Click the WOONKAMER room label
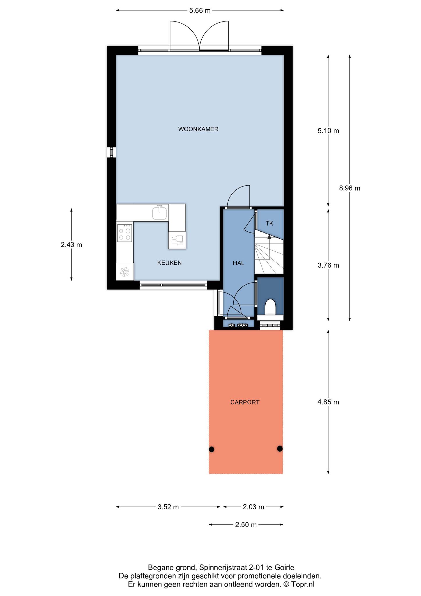198,129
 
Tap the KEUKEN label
169,263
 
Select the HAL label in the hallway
239,263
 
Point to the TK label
269,223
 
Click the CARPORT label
245,402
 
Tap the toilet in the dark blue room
270,307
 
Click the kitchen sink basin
160,212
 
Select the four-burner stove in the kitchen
125,233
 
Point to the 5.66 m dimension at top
200,11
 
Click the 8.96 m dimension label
349,188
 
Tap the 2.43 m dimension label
71,245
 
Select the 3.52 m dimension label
168,507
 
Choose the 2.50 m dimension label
246,525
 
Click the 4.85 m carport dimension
328,402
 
